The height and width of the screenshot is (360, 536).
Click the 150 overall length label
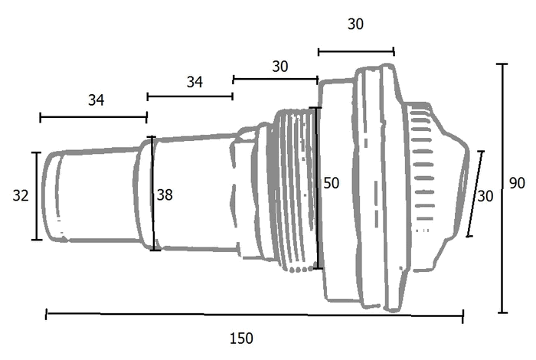(x=241, y=339)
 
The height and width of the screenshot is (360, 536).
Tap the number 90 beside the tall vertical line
(x=517, y=183)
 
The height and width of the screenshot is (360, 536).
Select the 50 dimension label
(x=332, y=183)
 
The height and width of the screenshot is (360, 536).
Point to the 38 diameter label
(x=165, y=195)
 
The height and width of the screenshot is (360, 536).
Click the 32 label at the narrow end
(x=21, y=195)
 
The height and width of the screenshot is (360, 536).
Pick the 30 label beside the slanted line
(x=485, y=196)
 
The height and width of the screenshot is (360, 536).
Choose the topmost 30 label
(x=355, y=25)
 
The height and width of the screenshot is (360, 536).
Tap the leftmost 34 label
(x=96, y=100)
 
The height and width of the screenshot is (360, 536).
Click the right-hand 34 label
(x=194, y=82)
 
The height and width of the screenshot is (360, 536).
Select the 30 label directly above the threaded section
(x=280, y=67)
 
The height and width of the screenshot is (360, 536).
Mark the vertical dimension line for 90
(x=502, y=188)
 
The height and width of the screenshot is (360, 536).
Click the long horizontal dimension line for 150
(x=255, y=316)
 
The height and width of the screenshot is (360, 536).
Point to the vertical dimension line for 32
(x=37, y=196)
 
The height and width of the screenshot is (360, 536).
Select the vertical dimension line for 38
(x=153, y=194)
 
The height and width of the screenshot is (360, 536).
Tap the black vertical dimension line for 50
(x=318, y=188)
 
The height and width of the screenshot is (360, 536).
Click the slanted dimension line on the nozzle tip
(x=476, y=194)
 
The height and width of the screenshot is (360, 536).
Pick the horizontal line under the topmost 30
(x=356, y=52)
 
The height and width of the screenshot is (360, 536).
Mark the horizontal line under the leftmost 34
(x=93, y=117)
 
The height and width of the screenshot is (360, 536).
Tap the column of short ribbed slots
(x=423, y=171)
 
